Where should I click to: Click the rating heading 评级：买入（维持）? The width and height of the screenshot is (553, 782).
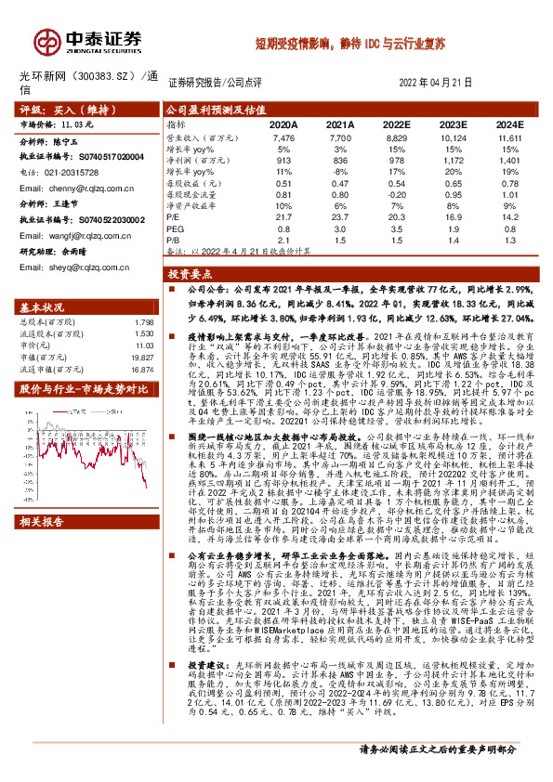tap(63, 109)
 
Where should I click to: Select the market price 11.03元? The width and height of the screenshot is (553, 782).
tap(77, 123)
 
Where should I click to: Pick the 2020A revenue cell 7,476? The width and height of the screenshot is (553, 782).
tap(283, 136)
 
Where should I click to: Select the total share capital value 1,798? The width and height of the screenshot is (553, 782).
tap(143, 320)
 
